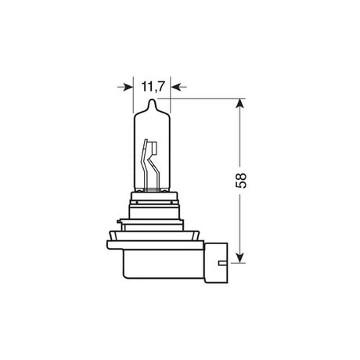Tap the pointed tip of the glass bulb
(153, 101)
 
